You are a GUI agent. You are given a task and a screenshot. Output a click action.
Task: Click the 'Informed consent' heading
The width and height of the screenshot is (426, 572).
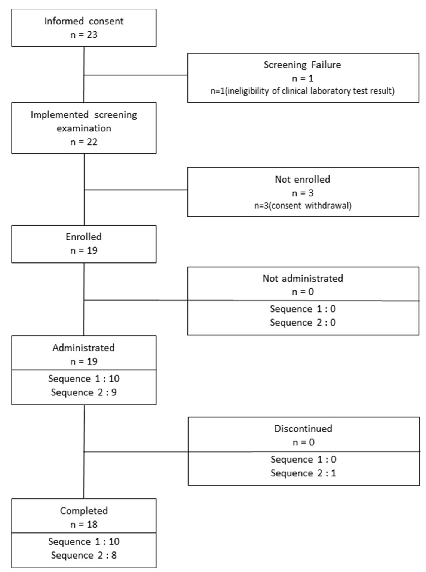pos(84,21)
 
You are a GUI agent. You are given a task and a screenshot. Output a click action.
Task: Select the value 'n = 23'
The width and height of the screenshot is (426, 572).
pos(84,35)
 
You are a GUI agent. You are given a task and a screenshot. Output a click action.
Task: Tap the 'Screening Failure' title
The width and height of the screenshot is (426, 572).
pos(303,65)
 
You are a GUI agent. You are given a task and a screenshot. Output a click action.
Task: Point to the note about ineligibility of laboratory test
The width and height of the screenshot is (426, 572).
pos(303,91)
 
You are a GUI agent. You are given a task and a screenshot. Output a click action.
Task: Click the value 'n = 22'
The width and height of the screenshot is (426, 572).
pos(84,142)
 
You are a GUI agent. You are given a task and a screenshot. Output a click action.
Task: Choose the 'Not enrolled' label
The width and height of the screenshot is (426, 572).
pos(303,179)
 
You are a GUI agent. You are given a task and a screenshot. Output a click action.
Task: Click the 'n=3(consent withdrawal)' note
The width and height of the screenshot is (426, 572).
pos(303,206)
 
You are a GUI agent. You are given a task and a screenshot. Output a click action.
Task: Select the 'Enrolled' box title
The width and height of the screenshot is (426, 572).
pos(84,237)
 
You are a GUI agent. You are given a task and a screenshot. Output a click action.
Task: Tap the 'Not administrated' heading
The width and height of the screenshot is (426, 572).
pos(303,278)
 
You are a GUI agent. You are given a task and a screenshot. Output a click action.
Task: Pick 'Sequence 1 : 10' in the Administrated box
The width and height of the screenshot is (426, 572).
pos(84,379)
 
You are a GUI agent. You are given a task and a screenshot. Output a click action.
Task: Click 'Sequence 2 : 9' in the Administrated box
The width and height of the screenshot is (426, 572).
pos(84,392)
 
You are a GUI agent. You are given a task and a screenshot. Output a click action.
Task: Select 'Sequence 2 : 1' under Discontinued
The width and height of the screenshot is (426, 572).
pos(303,473)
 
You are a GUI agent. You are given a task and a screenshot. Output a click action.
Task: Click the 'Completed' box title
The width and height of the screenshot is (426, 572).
pos(84,510)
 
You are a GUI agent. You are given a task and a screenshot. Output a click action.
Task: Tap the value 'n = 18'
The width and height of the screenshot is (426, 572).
pos(84,524)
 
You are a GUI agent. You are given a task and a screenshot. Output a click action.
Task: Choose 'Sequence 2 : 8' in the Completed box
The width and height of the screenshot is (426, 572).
pos(84,555)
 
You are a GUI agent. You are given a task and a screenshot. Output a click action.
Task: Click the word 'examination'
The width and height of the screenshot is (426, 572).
pos(84,128)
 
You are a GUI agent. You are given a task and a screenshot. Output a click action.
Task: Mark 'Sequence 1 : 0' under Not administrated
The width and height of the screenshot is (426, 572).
pos(303,309)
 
